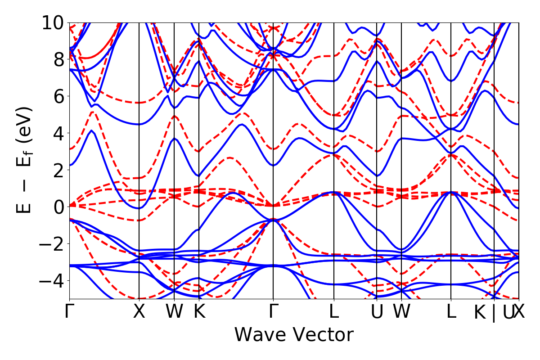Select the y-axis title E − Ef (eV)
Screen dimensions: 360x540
pos(26,160)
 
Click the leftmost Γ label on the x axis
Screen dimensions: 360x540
pos(69,312)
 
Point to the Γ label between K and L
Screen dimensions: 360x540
pos(273,312)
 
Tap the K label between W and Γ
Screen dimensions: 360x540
pos(199,312)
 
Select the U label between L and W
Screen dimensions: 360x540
pos(377,312)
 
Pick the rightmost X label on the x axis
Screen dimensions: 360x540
pos(519,312)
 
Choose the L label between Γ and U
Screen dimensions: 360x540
pos(334,312)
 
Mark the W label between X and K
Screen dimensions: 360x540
pos(174,312)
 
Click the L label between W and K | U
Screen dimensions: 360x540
pos(451,312)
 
